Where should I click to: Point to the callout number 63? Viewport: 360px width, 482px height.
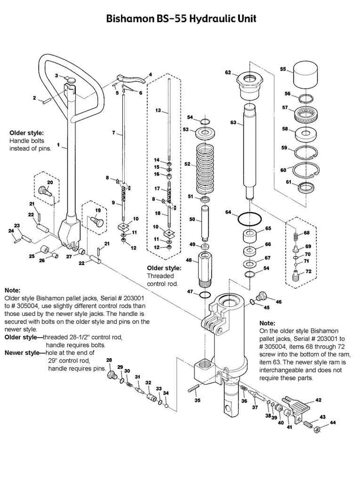(233, 123)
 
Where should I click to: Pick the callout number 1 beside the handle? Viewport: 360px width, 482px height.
(58, 144)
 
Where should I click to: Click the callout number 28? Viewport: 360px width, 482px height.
(109, 361)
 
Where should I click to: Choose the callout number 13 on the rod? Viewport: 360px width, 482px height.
(157, 110)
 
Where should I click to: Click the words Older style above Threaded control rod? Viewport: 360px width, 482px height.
(164, 267)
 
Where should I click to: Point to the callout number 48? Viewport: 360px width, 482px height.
(189, 260)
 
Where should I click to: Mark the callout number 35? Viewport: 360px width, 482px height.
(197, 399)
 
